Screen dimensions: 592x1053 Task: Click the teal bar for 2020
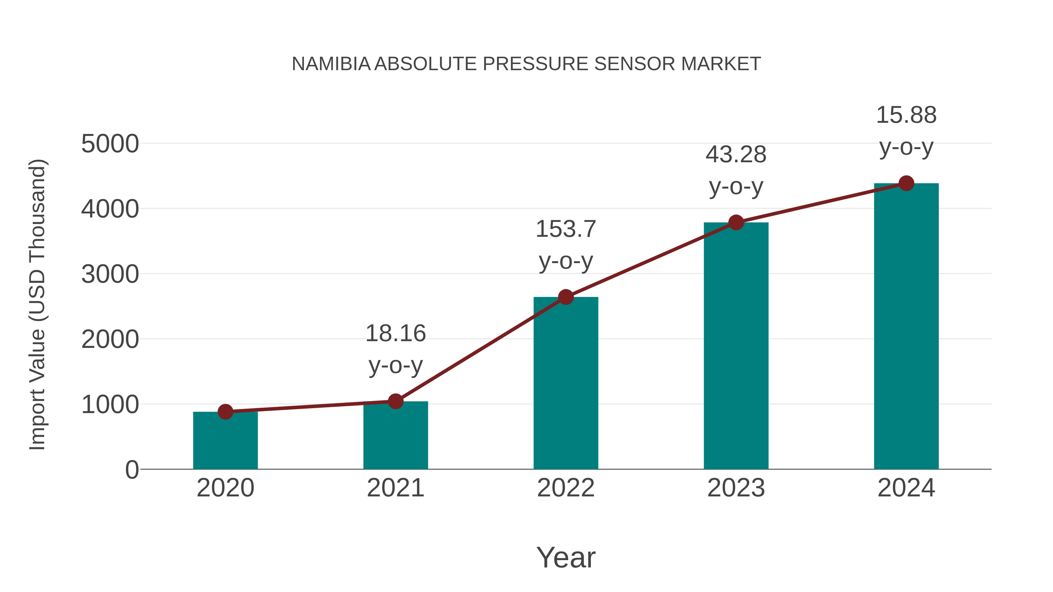(225, 441)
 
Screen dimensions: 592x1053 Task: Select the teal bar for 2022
(566, 384)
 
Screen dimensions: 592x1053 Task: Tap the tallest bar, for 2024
(906, 327)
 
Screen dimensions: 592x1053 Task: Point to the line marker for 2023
(736, 223)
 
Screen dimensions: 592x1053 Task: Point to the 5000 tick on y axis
(110, 144)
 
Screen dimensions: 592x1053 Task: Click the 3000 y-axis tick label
(110, 274)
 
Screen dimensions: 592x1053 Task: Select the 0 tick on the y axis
(132, 470)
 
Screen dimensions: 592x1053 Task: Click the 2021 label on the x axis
(395, 488)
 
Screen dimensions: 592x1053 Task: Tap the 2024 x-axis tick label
(906, 488)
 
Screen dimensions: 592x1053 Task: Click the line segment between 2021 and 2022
(480, 349)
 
